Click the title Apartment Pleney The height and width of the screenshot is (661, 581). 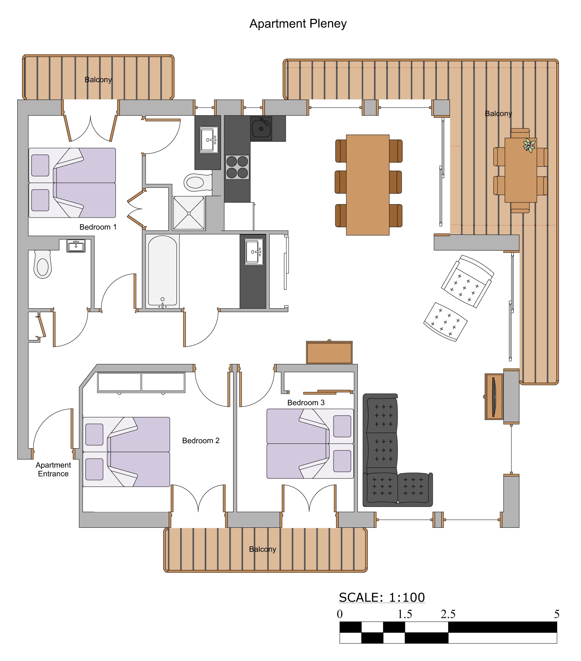(x=298, y=24)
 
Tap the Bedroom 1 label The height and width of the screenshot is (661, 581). (x=98, y=227)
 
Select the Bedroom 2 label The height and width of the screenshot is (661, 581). (x=201, y=441)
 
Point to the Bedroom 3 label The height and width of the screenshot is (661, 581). (x=306, y=403)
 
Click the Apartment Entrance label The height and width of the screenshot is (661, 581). (x=53, y=469)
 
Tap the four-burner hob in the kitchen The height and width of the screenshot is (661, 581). (x=237, y=167)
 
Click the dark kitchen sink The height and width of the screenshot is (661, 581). (x=261, y=128)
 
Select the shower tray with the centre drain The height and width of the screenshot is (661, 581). (x=189, y=213)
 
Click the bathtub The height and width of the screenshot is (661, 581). (x=163, y=271)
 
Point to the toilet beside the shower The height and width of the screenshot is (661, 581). (x=198, y=182)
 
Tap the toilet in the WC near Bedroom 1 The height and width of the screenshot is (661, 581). (x=43, y=264)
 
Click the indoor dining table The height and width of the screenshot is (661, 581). (x=368, y=185)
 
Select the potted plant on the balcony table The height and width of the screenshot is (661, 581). (x=529, y=145)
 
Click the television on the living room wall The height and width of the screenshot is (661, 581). (x=494, y=397)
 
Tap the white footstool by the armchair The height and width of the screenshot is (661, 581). (x=445, y=322)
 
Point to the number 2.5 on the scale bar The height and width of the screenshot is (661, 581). (x=448, y=614)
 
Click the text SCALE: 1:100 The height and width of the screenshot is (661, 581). (x=382, y=597)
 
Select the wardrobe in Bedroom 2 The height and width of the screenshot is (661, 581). (x=141, y=382)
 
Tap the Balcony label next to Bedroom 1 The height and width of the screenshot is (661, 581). (x=98, y=79)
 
